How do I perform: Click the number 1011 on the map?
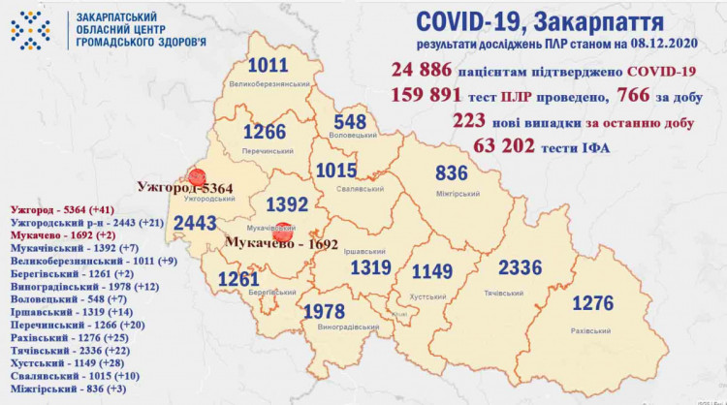point(268,67)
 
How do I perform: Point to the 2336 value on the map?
point(521,267)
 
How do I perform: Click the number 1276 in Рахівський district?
point(592,303)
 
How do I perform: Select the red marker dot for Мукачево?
point(283,233)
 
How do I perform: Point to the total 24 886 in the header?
point(426,71)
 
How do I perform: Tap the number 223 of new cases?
point(469,121)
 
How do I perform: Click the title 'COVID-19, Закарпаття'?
point(541,21)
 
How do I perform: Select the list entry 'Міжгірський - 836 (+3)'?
point(66,389)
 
